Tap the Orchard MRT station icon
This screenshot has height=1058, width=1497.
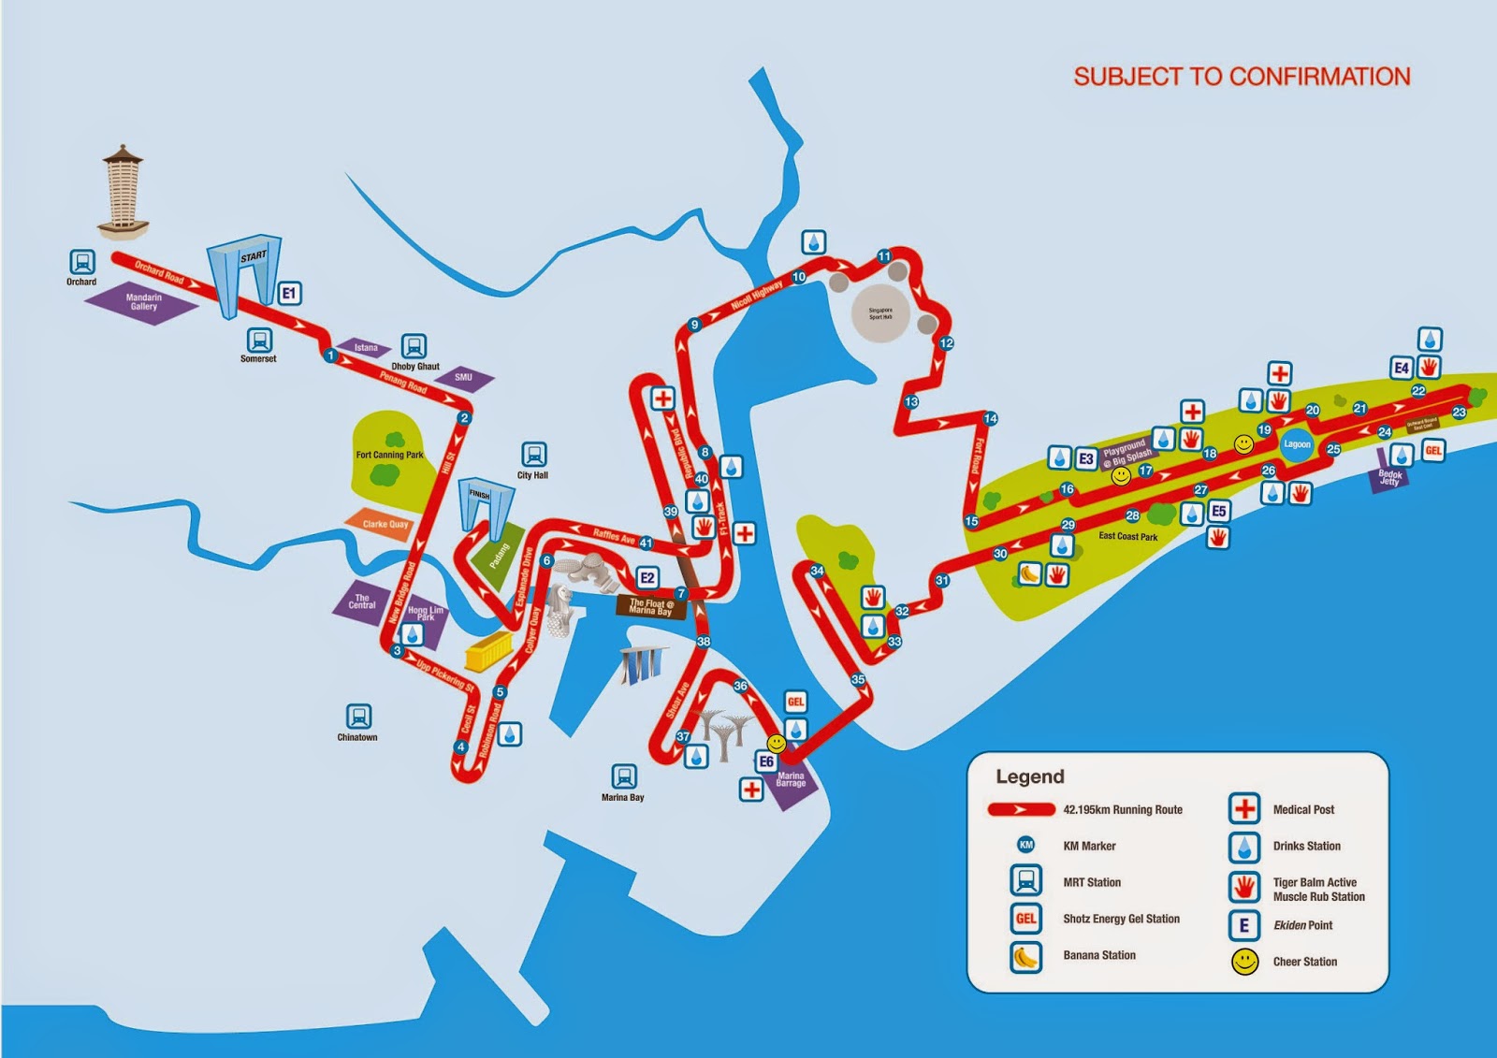(82, 262)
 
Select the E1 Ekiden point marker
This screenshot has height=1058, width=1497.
(289, 294)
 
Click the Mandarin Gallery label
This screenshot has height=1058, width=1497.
(143, 301)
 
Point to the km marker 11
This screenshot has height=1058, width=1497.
(884, 256)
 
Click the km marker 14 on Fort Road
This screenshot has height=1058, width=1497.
(990, 418)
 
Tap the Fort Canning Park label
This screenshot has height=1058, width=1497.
(389, 456)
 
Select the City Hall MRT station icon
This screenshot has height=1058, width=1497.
(533, 455)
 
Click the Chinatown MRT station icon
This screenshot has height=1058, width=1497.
(358, 717)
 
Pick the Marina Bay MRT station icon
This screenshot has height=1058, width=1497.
(623, 776)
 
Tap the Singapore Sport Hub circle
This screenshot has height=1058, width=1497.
(880, 313)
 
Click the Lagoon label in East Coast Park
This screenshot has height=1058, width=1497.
(1297, 444)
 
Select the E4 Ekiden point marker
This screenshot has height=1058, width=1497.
(1401, 368)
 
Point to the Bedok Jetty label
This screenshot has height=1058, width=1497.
(1389, 477)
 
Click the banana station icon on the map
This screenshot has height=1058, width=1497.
(1029, 573)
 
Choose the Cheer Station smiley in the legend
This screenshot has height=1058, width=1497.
(1244, 962)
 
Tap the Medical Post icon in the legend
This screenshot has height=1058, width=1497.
(1244, 809)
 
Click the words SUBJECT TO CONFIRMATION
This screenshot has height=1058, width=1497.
(1242, 77)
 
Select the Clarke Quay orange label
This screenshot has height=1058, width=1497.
(385, 524)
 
